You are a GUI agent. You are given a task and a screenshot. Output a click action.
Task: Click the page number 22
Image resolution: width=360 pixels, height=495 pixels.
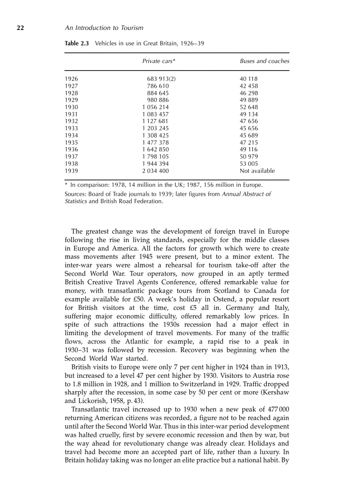point(20,28)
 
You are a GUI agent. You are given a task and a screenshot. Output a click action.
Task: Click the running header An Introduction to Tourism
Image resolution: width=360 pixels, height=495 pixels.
point(104,28)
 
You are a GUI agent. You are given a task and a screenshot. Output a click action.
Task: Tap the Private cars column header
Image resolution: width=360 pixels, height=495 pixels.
point(158,61)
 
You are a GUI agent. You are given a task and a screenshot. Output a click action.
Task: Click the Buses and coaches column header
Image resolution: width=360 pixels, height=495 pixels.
point(264,61)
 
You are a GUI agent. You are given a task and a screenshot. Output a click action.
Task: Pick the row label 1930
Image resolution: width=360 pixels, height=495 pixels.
point(71,107)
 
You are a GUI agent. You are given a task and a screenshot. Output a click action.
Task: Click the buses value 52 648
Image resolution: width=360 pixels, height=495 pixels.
point(249,107)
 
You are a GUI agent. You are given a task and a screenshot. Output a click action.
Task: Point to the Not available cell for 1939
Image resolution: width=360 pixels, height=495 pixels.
point(257,171)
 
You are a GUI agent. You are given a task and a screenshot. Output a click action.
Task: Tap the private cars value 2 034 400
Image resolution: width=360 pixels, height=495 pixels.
point(155,171)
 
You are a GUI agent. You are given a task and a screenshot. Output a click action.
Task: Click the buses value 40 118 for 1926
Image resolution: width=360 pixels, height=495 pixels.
point(249,79)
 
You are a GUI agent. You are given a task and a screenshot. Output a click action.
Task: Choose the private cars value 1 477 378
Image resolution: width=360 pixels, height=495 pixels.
point(155,142)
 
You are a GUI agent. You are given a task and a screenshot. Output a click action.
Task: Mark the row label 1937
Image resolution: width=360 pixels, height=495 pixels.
point(71,156)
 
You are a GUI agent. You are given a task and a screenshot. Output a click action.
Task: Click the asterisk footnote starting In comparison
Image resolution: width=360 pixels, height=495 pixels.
point(164,185)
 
